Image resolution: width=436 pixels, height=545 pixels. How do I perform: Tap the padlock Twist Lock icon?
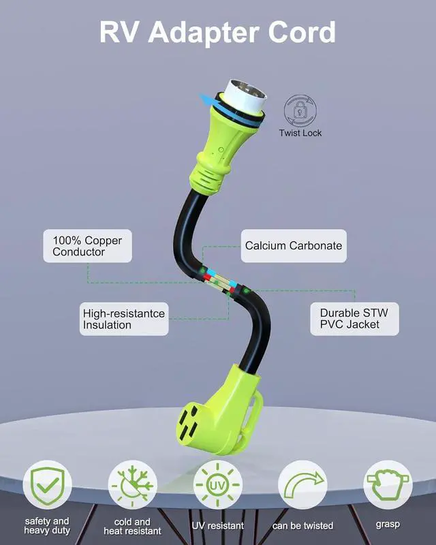coord(300,110)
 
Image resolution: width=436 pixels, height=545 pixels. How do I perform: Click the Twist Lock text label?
coord(300,133)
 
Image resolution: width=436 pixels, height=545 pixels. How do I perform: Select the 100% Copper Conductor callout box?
coord(87,246)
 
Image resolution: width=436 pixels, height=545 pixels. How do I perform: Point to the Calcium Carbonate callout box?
coord(294,246)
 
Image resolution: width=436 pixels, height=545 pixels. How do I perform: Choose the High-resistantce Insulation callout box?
coord(124,319)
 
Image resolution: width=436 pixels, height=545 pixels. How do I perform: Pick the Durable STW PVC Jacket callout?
coord(354,319)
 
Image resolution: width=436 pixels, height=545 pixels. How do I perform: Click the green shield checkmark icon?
coord(47,485)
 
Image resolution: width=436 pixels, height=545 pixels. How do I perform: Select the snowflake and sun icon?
coord(132,485)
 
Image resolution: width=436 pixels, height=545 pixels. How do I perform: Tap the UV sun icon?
coord(217,485)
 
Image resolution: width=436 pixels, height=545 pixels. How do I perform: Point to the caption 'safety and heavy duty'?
coord(47,526)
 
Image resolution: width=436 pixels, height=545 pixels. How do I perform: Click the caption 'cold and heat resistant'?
coord(132,527)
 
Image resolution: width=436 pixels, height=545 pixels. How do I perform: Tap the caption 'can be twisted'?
coord(303,526)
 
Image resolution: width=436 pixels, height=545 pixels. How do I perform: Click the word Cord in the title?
coord(302,32)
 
